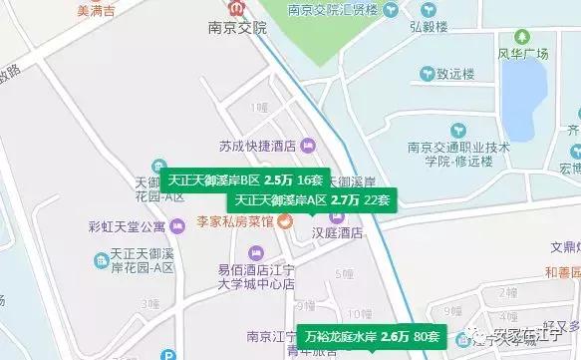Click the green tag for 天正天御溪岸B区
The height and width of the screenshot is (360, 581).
(245, 180)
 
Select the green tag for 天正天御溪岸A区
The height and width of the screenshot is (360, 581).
(313, 199)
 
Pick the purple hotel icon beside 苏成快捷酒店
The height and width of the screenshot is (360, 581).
(307, 146)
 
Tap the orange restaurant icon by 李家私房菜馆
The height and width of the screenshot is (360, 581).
(285, 221)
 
